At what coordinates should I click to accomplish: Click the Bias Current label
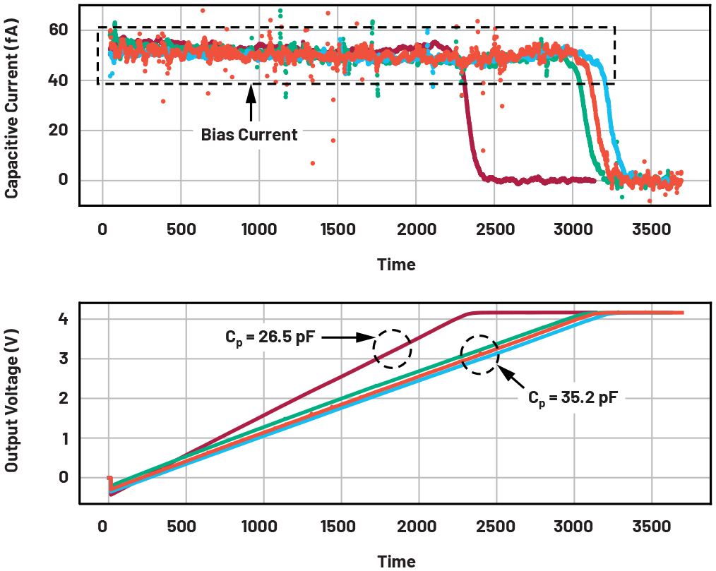pyautogui.click(x=249, y=135)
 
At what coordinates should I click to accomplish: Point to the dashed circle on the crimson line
pyautogui.click(x=390, y=347)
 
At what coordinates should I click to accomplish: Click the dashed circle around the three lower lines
pyautogui.click(x=479, y=354)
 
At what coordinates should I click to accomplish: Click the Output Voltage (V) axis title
pyautogui.click(x=12, y=398)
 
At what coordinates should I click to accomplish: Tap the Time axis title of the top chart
pyautogui.click(x=396, y=265)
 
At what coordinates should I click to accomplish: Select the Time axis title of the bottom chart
pyautogui.click(x=396, y=561)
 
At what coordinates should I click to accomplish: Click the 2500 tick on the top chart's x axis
pyautogui.click(x=494, y=229)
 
